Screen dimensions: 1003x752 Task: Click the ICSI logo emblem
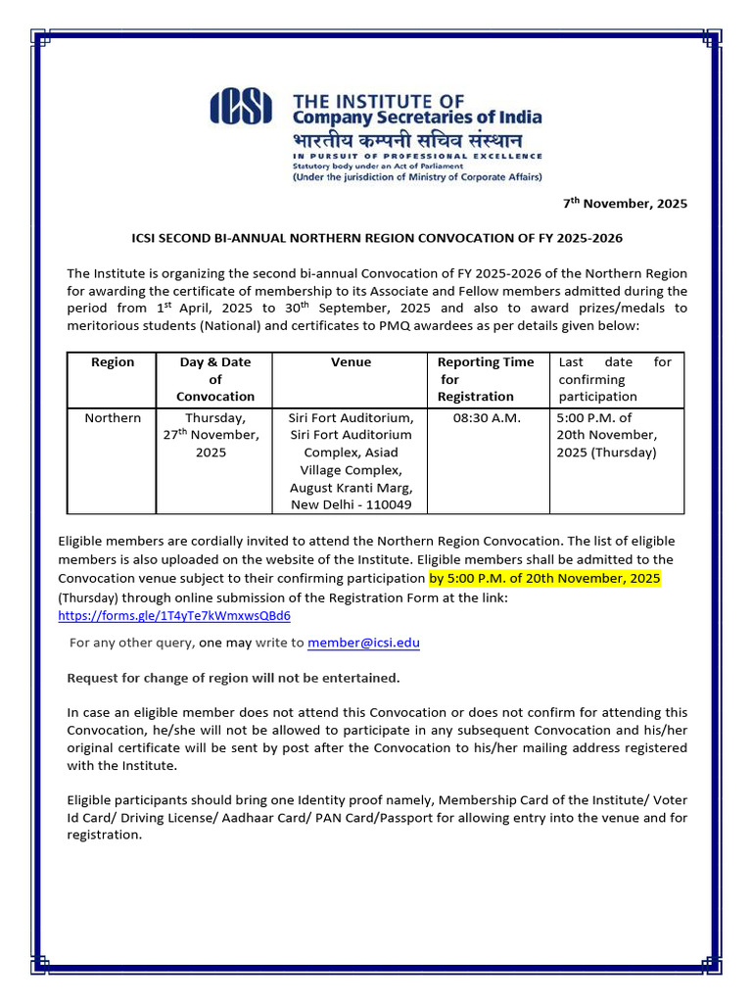246,107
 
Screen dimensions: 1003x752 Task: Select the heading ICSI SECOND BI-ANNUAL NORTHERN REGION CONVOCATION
377,238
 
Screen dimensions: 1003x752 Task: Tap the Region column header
112,362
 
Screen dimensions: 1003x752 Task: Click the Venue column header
351,362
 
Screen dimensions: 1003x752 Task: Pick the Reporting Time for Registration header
486,379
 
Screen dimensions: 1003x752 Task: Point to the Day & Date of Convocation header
215,379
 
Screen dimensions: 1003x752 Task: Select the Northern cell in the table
112,418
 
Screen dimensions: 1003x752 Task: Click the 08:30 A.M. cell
487,418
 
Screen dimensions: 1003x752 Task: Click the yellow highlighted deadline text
544,579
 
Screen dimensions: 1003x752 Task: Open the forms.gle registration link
174,616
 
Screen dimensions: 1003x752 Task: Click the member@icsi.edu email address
363,643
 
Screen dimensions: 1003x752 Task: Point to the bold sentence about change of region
233,678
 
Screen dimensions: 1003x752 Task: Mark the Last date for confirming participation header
615,379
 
